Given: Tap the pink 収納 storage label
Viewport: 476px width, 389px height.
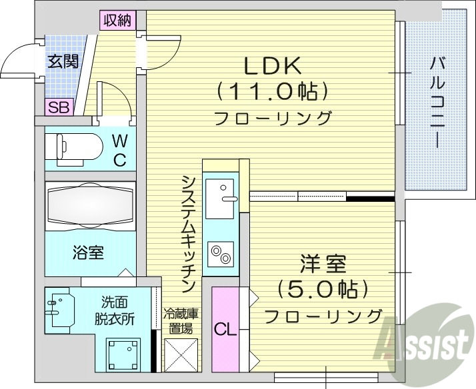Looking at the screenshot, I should (x=117, y=20).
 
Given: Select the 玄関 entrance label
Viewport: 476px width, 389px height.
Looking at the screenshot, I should (x=62, y=61).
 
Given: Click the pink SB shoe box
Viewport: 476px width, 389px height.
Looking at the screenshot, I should (x=58, y=108).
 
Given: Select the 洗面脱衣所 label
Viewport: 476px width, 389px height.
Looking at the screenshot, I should (x=118, y=310).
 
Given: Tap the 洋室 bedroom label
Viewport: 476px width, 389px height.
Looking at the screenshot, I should (x=323, y=264).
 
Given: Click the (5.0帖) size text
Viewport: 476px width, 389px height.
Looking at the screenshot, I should (x=323, y=290).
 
